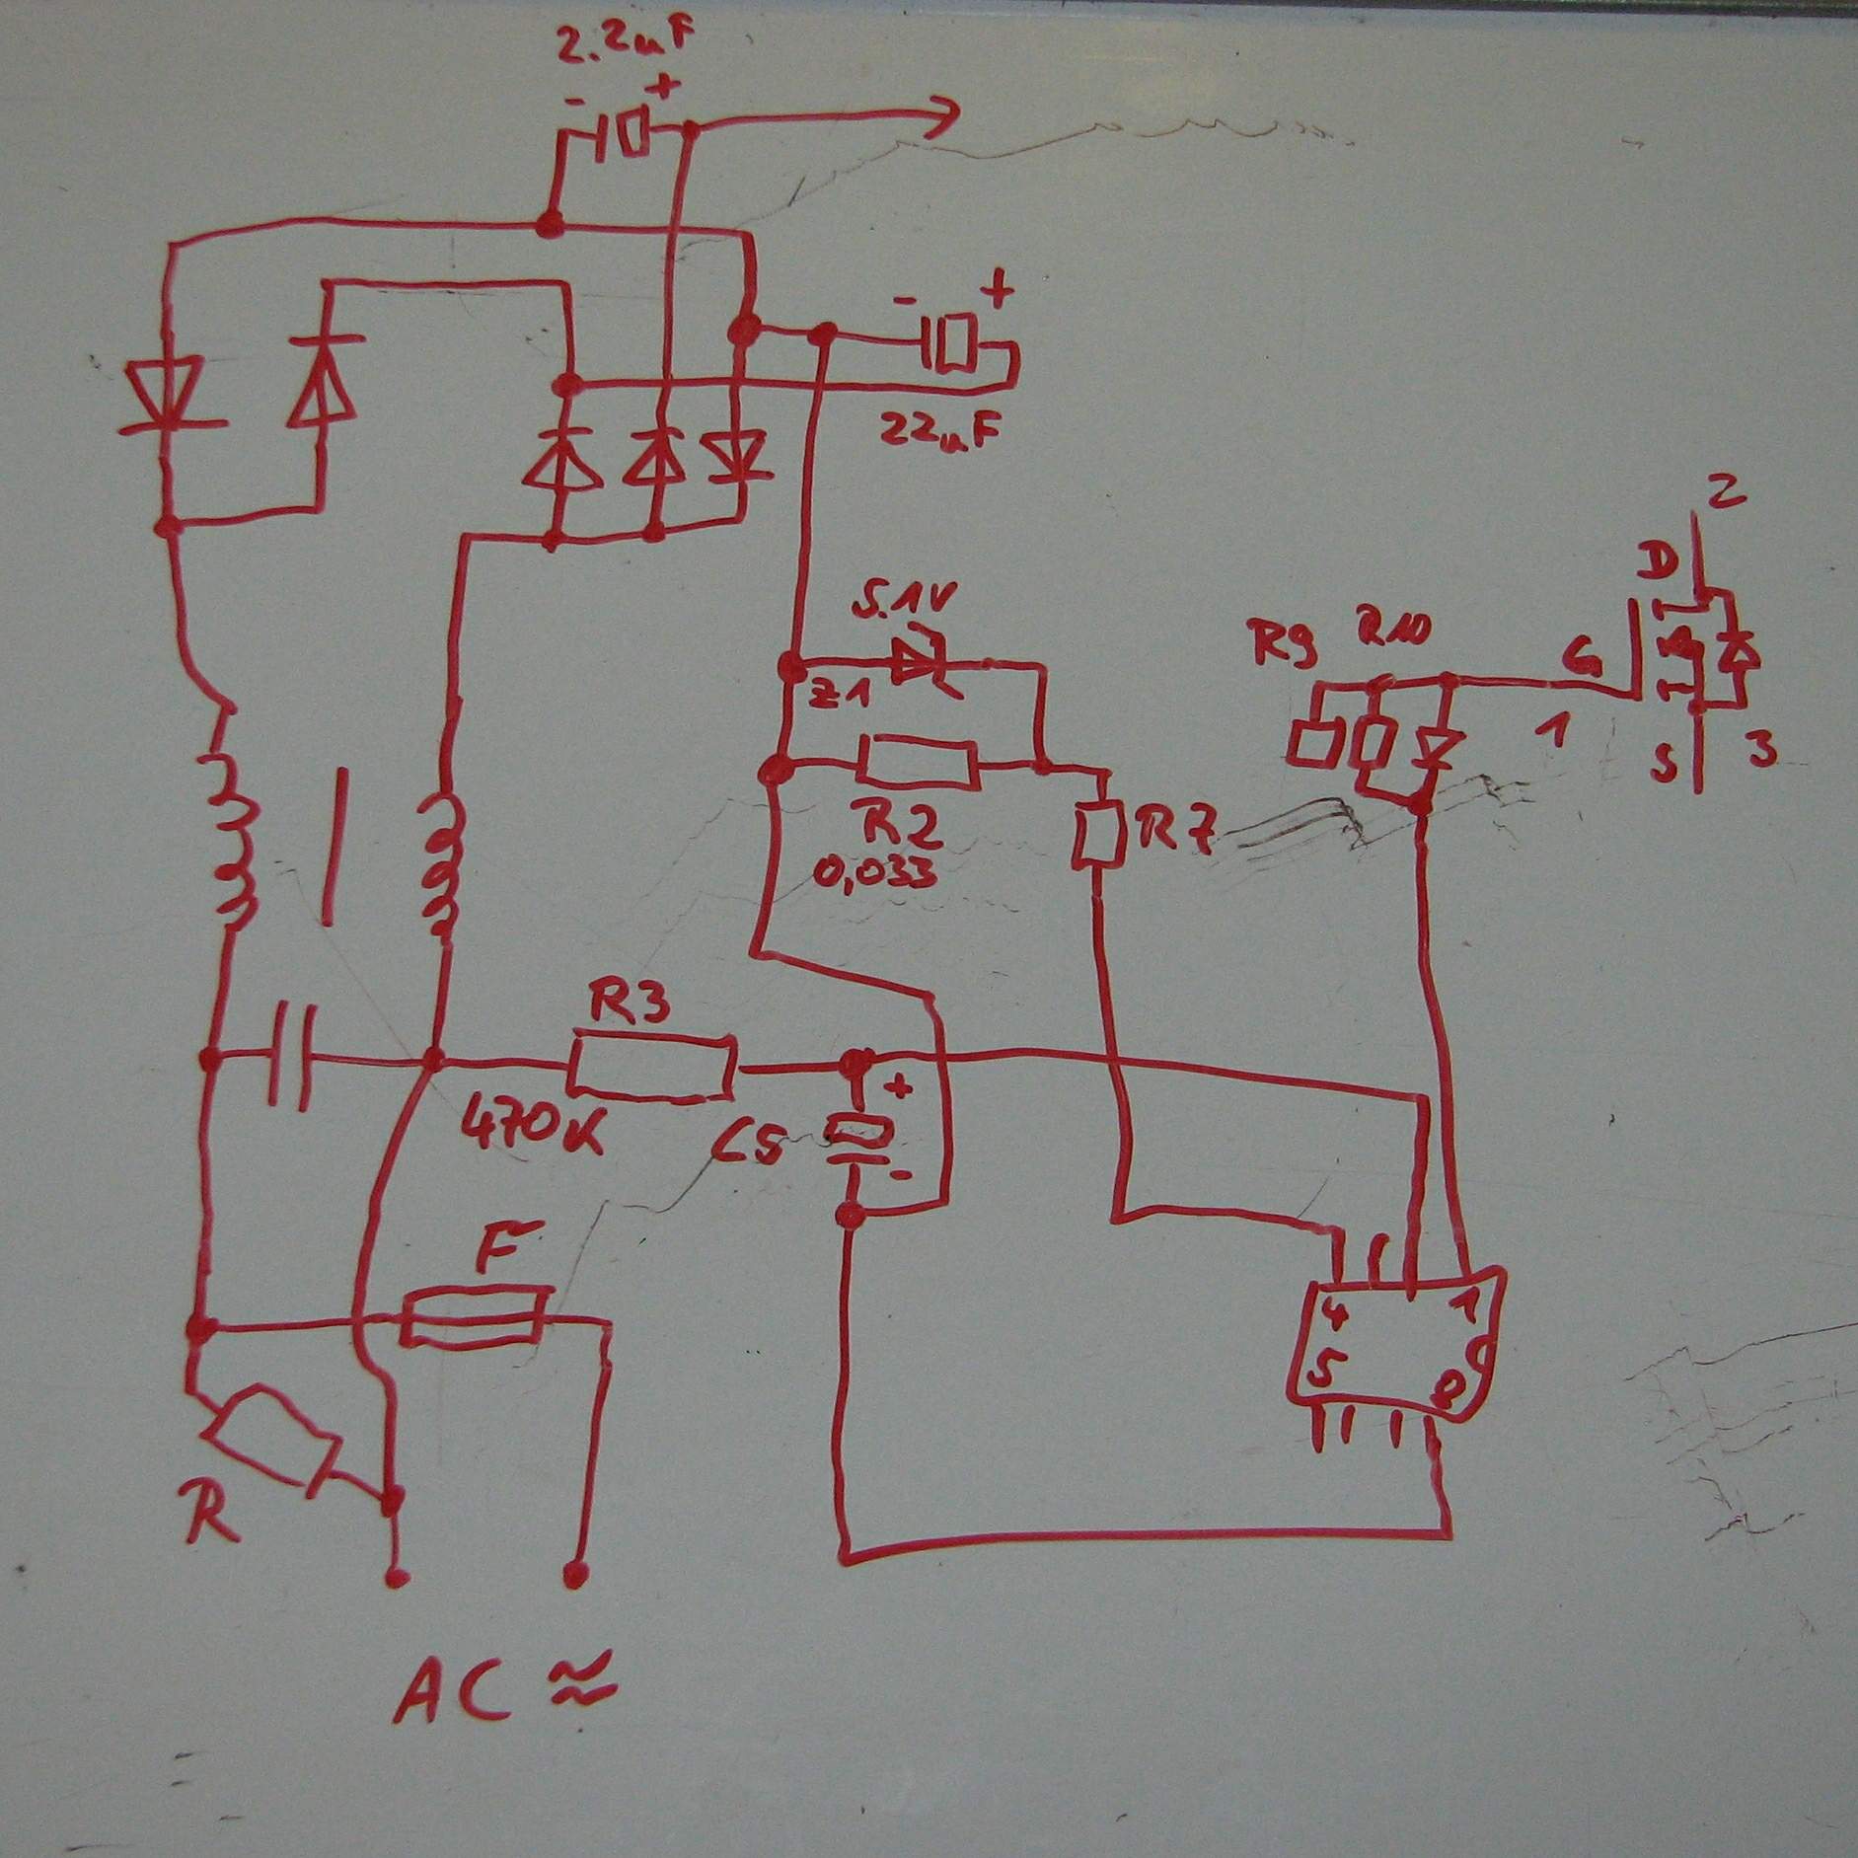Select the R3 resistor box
pyautogui.click(x=653, y=1066)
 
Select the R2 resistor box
pyautogui.click(x=920, y=763)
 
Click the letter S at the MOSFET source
pyautogui.click(x=1667, y=763)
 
